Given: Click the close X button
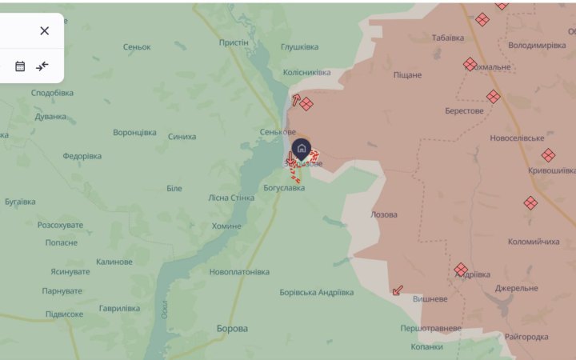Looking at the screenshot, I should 44,30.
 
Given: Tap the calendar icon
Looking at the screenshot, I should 20,66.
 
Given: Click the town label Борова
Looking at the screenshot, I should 232,328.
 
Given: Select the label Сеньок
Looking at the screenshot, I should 137,47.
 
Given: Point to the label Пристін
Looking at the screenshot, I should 234,42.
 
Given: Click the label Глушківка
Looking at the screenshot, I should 300,47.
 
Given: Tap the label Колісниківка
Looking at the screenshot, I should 307,73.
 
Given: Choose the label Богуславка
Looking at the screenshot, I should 284,188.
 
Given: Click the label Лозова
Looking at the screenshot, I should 384,214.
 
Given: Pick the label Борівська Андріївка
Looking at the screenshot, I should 317,292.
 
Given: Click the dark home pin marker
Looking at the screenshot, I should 302,148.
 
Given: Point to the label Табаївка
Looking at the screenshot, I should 448,38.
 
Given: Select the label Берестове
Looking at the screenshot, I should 464,110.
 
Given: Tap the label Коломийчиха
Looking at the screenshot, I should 534,242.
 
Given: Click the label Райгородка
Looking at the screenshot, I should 526,337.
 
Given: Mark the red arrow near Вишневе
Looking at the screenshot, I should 398,290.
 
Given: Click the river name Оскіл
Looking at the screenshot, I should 164,307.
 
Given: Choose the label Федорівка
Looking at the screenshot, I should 82,156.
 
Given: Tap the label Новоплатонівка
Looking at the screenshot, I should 239,272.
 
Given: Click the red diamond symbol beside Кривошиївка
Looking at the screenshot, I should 548,155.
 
